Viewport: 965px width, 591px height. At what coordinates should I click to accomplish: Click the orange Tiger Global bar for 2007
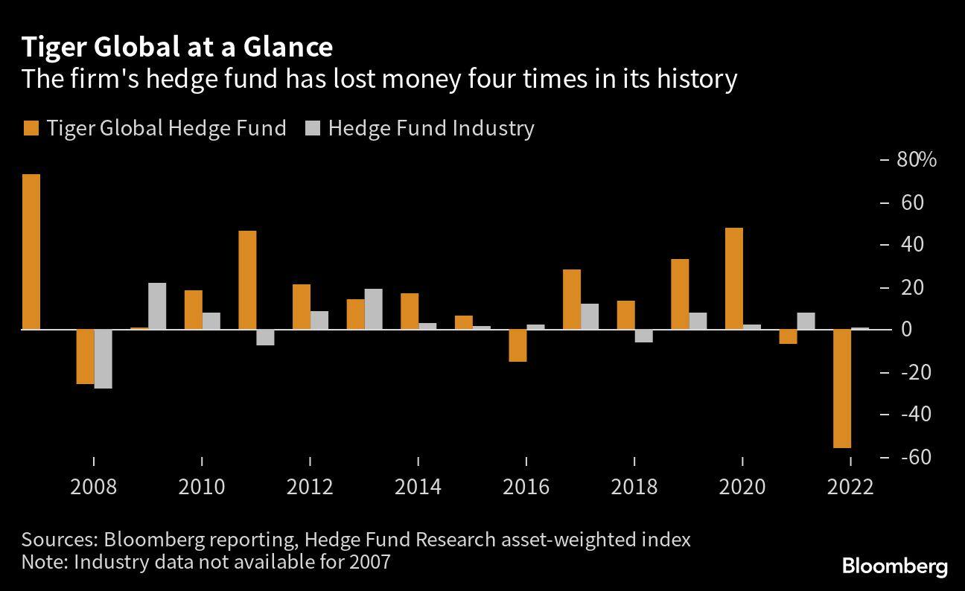coord(31,252)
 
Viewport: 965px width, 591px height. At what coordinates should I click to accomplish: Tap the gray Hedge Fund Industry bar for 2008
coord(103,359)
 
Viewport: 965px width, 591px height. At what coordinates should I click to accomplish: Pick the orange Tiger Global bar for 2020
coord(733,278)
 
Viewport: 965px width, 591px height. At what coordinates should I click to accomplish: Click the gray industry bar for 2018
coord(643,336)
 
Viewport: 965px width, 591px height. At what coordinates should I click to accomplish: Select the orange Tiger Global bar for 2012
coord(301,307)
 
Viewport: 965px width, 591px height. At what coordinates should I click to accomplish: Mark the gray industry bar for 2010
coord(211,321)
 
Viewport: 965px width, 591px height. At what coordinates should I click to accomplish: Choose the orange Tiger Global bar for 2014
coord(409,311)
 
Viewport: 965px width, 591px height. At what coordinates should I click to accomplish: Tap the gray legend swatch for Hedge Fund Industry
coord(312,128)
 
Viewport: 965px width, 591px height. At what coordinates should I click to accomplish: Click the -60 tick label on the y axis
coord(916,456)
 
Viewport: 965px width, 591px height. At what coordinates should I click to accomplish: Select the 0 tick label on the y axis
coord(906,329)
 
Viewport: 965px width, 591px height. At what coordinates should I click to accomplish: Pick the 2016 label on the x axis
coord(526,487)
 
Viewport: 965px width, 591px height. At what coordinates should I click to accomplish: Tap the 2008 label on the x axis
coord(93,487)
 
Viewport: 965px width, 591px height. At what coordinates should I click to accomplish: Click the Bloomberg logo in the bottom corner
coord(894,566)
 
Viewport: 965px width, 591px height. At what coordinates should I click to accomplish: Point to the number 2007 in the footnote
coord(366,561)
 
